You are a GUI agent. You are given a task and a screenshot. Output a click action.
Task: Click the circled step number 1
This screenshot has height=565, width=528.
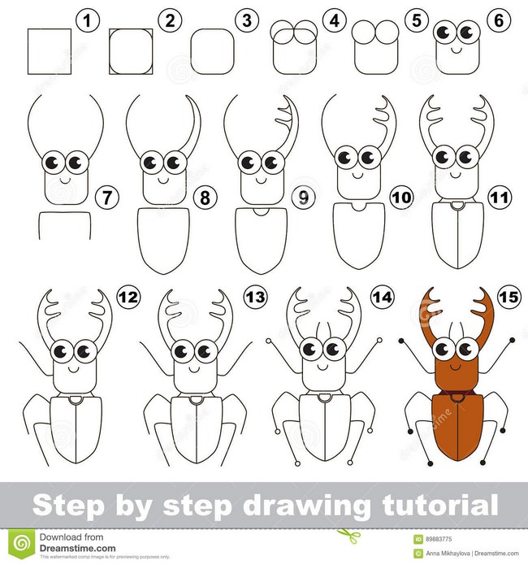[x=85, y=20]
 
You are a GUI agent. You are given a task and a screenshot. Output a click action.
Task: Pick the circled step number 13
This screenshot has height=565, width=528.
[x=255, y=298]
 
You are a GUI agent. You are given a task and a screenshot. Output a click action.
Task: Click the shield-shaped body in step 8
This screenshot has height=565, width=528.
[x=162, y=238]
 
